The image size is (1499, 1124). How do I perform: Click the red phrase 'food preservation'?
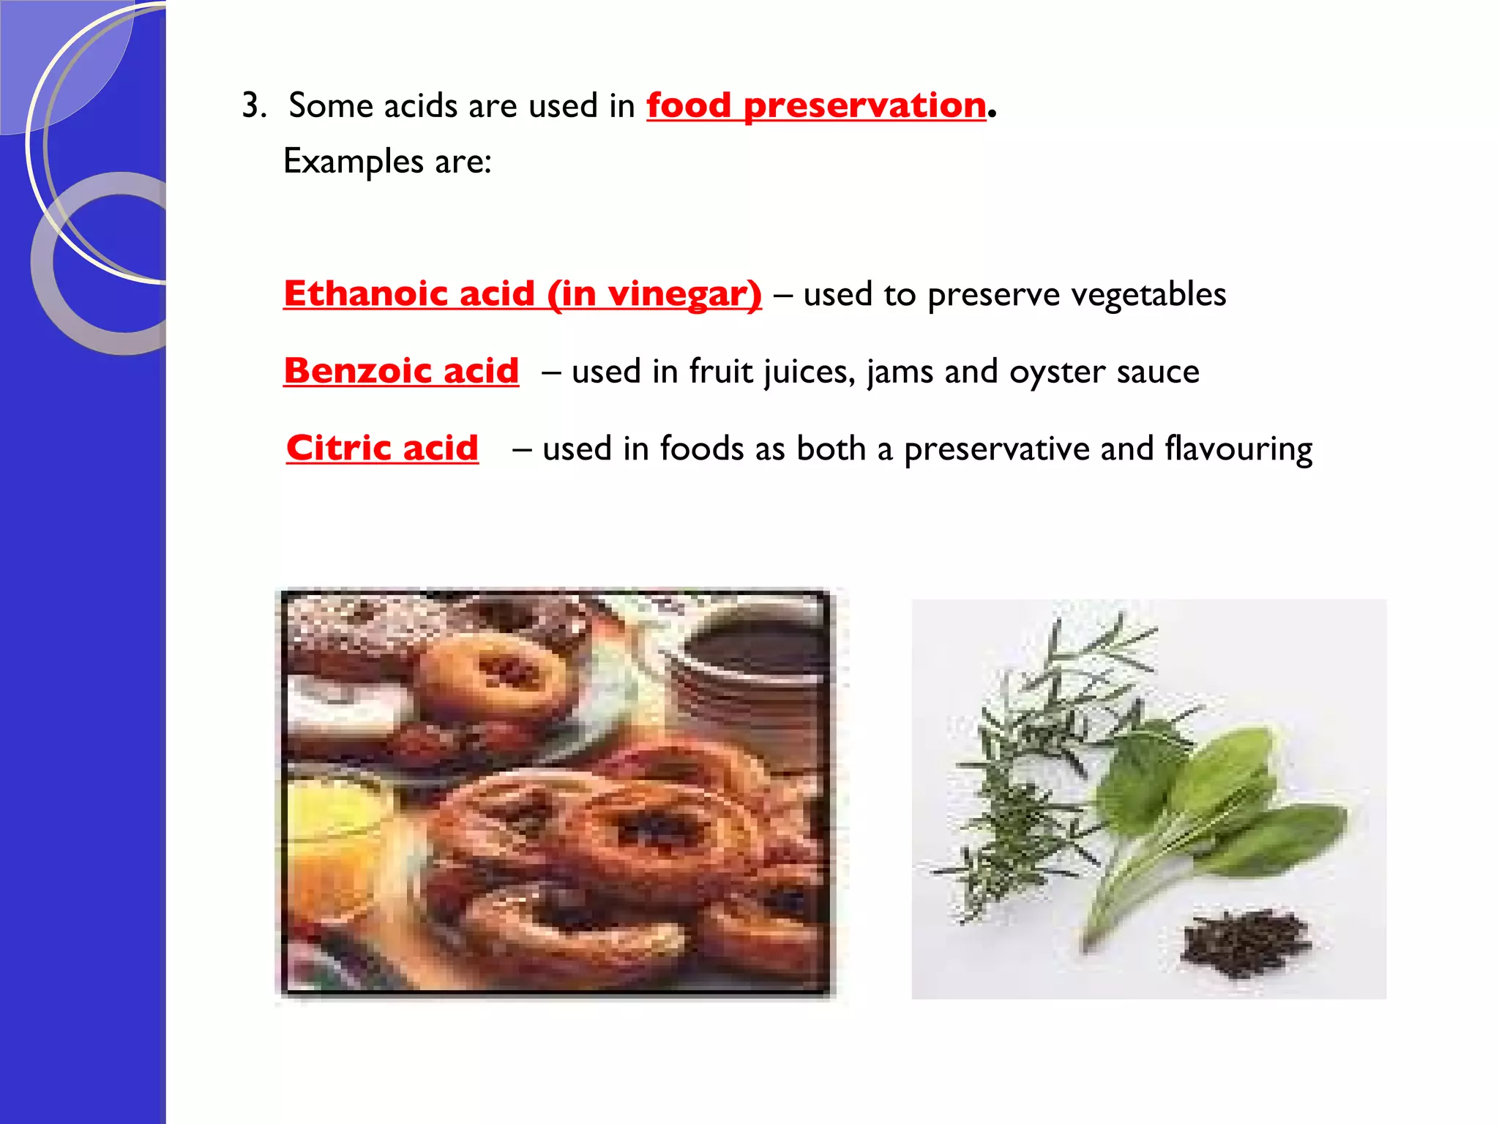point(815,105)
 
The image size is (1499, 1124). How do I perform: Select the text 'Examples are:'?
point(387,161)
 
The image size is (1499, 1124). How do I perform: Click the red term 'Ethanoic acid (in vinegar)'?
point(522,293)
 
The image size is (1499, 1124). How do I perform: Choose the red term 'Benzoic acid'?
point(401,371)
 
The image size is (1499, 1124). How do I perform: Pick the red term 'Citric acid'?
point(382,448)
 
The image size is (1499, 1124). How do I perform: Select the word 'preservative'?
point(996,449)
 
